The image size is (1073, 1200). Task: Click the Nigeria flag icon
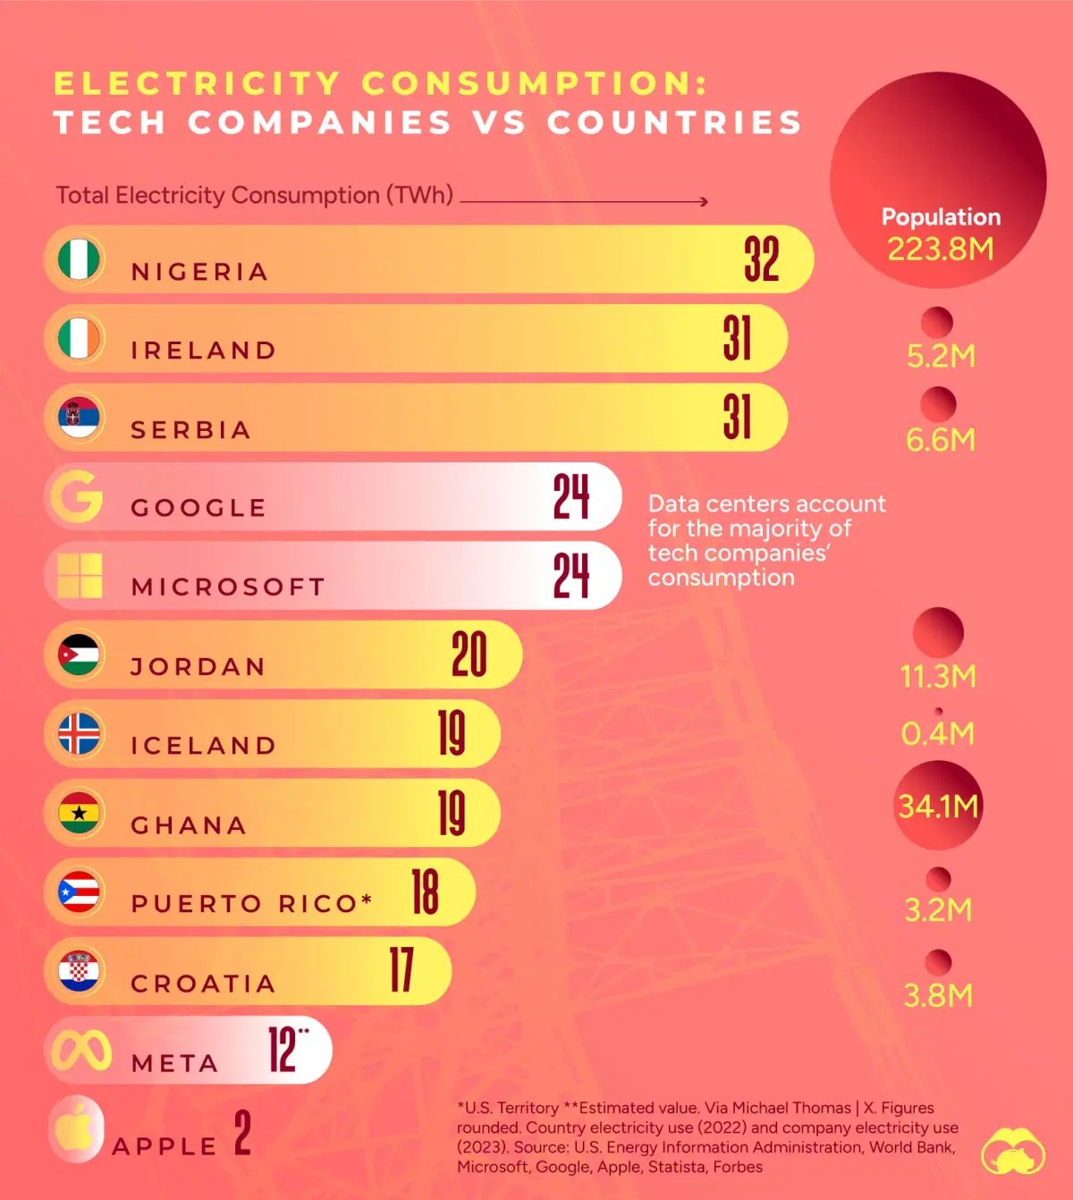(x=79, y=259)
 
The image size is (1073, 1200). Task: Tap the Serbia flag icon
(x=79, y=418)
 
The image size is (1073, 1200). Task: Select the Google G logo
(x=77, y=495)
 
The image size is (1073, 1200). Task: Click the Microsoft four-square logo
(x=80, y=575)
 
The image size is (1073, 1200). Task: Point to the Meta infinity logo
(x=81, y=1051)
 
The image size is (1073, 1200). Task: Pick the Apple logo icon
(x=76, y=1128)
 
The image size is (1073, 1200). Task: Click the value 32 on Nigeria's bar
(x=761, y=259)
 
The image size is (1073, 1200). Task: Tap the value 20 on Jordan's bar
(x=469, y=655)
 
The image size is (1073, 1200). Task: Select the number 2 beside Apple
(x=242, y=1133)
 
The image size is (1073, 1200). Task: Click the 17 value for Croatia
(x=401, y=971)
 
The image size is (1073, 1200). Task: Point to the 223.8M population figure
(x=940, y=249)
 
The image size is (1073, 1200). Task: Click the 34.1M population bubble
(x=938, y=806)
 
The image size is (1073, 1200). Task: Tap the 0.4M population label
(x=937, y=734)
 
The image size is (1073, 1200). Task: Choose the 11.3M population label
(x=938, y=677)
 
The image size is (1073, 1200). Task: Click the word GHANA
(x=189, y=825)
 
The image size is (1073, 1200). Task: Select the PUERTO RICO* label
(x=251, y=904)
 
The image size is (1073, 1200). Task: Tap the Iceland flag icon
(x=79, y=734)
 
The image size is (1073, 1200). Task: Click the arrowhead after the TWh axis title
(x=704, y=201)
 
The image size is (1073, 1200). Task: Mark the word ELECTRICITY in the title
(x=197, y=83)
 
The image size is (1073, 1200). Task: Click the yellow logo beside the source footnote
(x=1012, y=1151)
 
